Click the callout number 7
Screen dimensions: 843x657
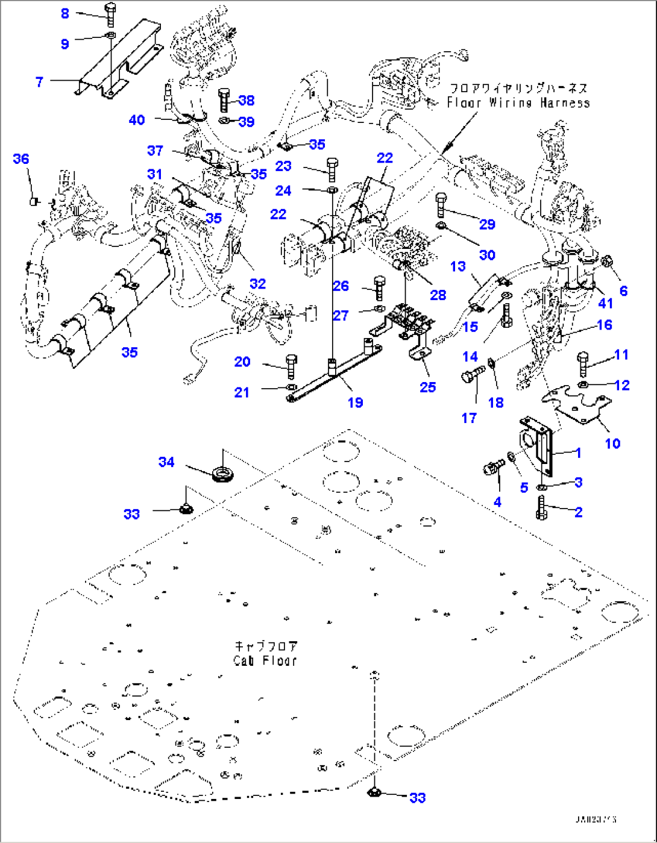coord(40,81)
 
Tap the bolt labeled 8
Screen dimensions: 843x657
coord(110,14)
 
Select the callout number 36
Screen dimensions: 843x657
coord(21,158)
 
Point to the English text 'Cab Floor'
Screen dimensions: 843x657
coord(265,660)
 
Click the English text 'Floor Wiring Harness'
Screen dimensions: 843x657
coord(518,102)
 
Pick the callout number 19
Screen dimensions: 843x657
coord(355,402)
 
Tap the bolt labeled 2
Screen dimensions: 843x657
coord(541,507)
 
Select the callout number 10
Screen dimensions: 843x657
coord(612,443)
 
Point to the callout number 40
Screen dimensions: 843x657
coord(137,120)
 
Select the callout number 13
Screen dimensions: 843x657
coord(458,266)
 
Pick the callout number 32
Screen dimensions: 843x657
coord(257,283)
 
